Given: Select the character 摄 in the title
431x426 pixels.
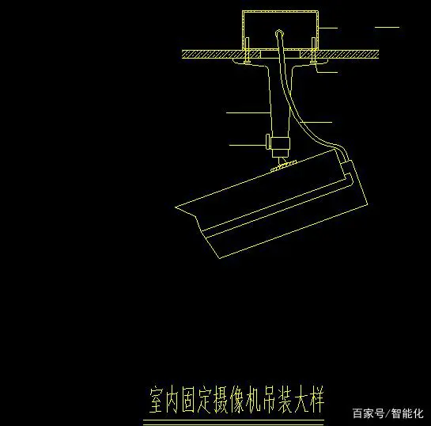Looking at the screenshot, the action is pyautogui.click(x=221, y=400).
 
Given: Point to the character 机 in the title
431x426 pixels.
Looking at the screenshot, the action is pyautogui.click(x=252, y=400).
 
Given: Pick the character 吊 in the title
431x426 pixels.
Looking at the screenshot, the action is pyautogui.click(x=268, y=400).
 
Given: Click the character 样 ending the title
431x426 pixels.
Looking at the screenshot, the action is pyautogui.click(x=316, y=400).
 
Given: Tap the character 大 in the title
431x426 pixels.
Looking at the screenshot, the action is pyautogui.click(x=301, y=400).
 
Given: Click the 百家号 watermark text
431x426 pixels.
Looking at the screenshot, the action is pyautogui.click(x=369, y=413).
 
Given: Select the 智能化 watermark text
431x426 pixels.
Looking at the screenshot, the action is pyautogui.click(x=407, y=413).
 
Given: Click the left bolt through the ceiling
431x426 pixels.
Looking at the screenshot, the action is pyautogui.click(x=247, y=50).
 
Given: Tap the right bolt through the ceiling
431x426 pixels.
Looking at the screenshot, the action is pyautogui.click(x=313, y=50).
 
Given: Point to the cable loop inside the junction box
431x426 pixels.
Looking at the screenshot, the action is pyautogui.click(x=279, y=33).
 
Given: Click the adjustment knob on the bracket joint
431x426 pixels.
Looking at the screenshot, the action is pyautogui.click(x=268, y=141).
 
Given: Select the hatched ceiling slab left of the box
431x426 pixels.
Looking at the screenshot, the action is pyautogui.click(x=221, y=54).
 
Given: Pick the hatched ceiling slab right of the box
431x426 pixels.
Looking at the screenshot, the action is pyautogui.click(x=339, y=54).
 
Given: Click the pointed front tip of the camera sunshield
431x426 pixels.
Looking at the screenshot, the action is pyautogui.click(x=176, y=207).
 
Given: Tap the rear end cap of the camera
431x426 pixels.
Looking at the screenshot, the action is pyautogui.click(x=354, y=184).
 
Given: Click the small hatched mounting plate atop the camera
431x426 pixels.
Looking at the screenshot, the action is pyautogui.click(x=284, y=166).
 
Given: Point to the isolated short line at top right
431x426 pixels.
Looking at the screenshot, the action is pyautogui.click(x=387, y=27).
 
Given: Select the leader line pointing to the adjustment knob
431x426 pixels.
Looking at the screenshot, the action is pyautogui.click(x=248, y=145).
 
